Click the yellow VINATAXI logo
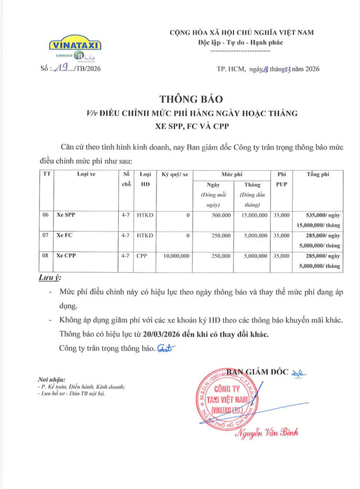pos(75,45)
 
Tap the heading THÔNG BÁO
pos(191,99)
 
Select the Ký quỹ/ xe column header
pos(174,174)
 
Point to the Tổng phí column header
pos(318,174)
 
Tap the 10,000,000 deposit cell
pos(176,256)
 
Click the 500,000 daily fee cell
pos(221,215)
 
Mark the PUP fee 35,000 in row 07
pos(281,235)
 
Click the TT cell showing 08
pos(45,256)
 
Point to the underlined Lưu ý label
pos(50,277)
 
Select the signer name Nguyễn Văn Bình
pos(266,433)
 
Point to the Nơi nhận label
pos(53,379)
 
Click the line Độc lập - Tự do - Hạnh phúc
pos(241,43)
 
